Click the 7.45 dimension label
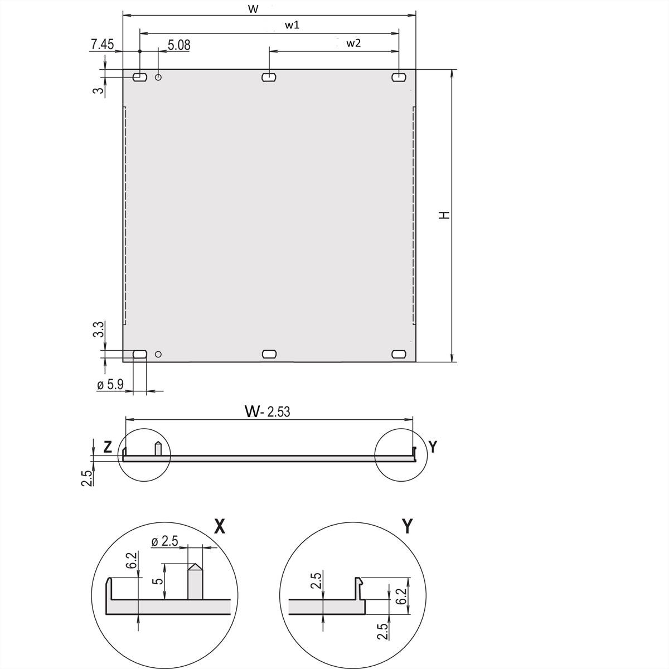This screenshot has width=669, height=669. [x=102, y=45]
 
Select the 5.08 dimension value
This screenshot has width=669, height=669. [x=178, y=45]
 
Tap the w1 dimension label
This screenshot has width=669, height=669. [x=292, y=25]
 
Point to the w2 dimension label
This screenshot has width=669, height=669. [x=353, y=43]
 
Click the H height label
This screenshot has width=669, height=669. [x=444, y=215]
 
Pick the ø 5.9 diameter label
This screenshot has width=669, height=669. [x=110, y=385]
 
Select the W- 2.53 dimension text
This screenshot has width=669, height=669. [x=268, y=411]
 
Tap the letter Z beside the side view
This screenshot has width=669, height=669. [x=108, y=447]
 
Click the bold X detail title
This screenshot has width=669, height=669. [x=220, y=526]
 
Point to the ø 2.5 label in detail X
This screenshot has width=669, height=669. [x=164, y=541]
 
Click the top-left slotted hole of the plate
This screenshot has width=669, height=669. [x=139, y=76]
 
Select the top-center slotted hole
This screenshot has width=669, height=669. [x=269, y=76]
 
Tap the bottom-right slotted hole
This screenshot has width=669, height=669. [x=399, y=354]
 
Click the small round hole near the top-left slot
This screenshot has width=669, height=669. [x=158, y=77]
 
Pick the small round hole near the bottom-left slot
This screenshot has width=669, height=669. [x=158, y=354]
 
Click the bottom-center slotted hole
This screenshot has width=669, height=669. [x=269, y=354]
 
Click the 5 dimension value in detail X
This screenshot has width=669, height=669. [x=159, y=581]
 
